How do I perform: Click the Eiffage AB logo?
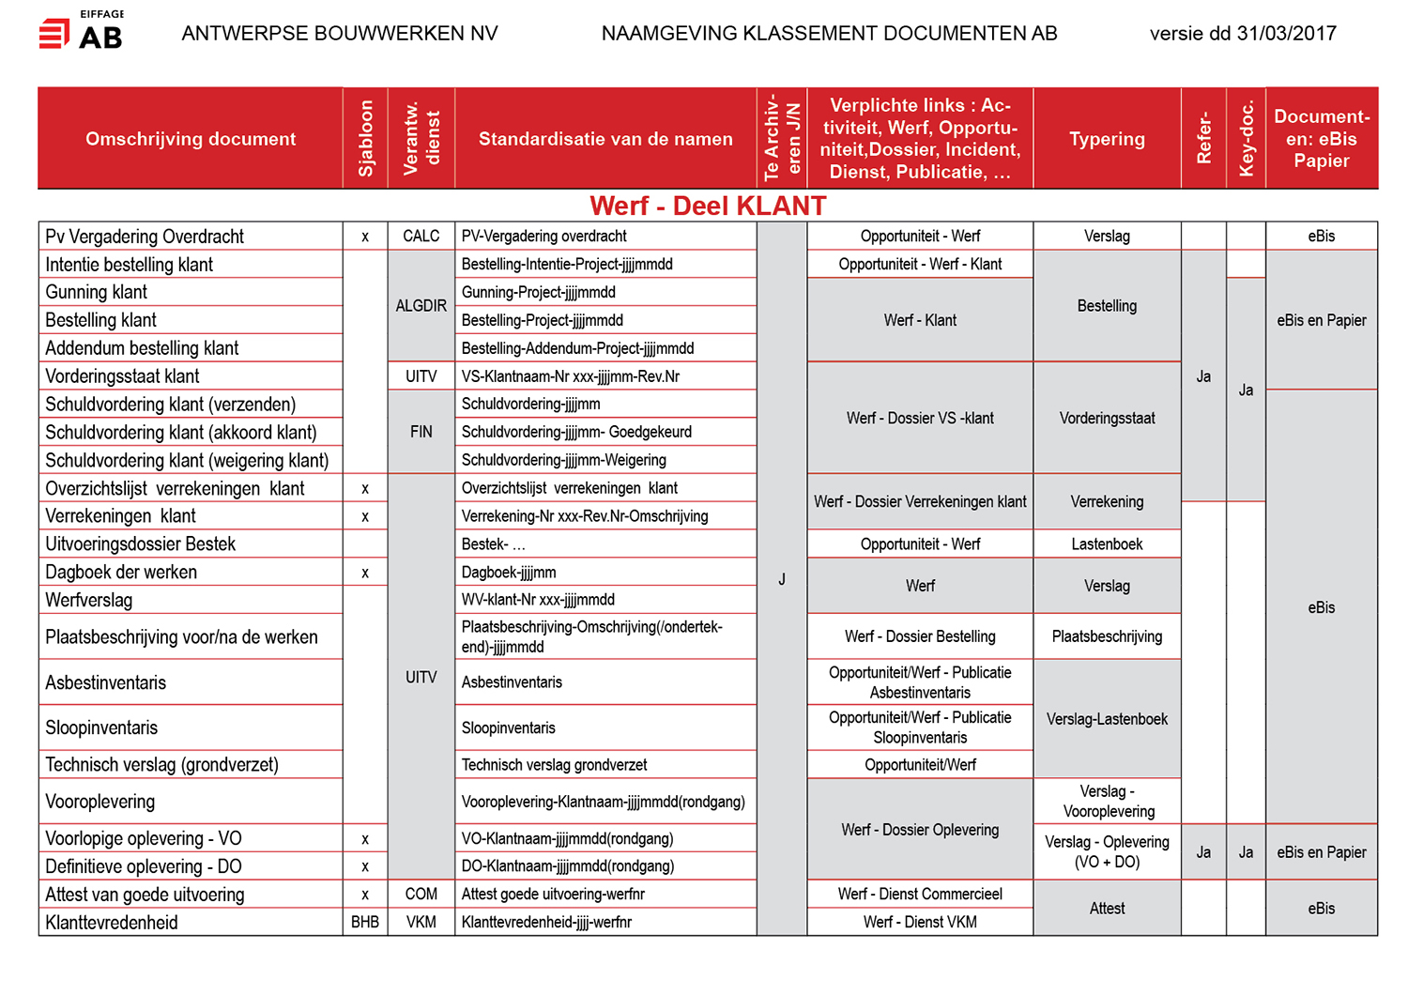(81, 32)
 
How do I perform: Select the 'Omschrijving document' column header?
(191, 139)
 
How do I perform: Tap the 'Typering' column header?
(1107, 139)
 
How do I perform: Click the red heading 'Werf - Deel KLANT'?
(708, 206)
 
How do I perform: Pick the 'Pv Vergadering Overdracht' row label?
(145, 237)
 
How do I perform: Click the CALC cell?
(421, 237)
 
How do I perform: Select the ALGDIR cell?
(421, 306)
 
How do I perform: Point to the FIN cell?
(421, 432)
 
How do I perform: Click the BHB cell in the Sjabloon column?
(365, 923)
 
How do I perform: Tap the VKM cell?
(421, 923)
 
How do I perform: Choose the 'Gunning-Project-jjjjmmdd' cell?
(539, 293)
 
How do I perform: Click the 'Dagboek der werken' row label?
(121, 573)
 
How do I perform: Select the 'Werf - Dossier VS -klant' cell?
(920, 419)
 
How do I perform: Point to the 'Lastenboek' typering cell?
(1107, 544)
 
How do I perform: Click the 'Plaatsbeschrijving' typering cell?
(1107, 636)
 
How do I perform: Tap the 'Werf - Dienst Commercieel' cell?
(920, 895)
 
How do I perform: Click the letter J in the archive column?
(782, 580)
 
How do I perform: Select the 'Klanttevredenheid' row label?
(112, 923)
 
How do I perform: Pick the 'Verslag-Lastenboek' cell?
(1107, 719)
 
